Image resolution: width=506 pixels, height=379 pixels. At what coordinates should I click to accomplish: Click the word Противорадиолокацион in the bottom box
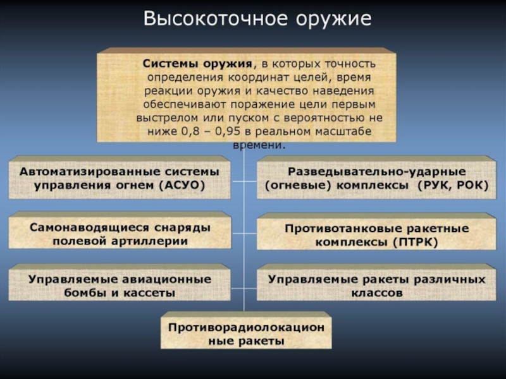(246, 327)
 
